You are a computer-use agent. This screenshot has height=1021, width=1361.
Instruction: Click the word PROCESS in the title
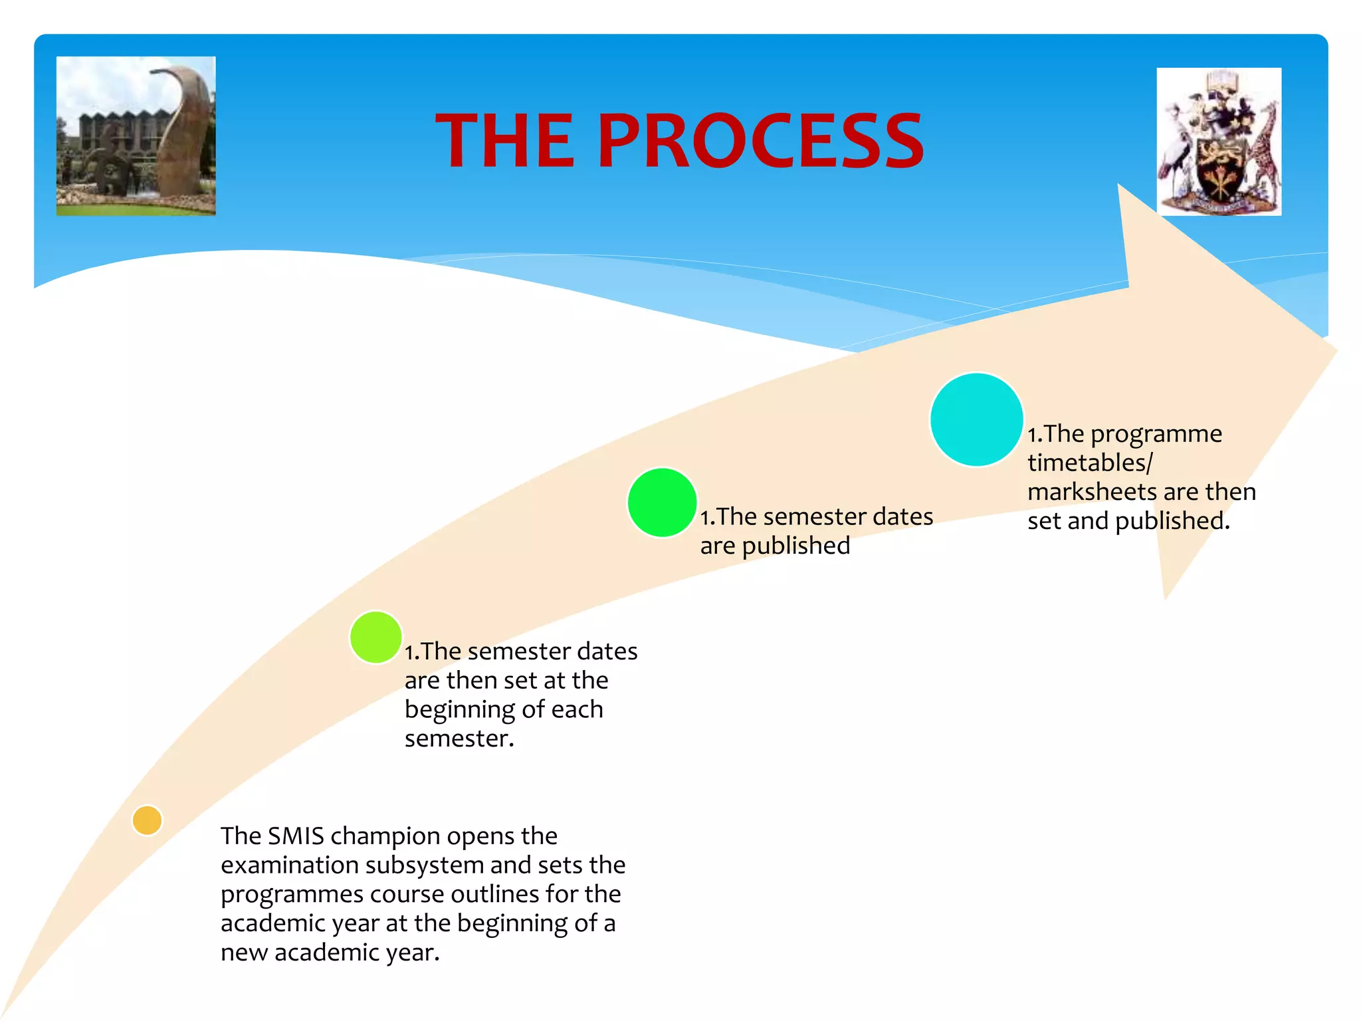pyautogui.click(x=760, y=141)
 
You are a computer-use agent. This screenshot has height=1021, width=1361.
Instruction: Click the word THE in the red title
pyautogui.click(x=505, y=141)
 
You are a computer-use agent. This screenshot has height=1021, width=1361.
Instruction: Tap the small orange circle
pyautogui.click(x=147, y=820)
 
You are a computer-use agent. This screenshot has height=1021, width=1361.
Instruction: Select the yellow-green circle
pyautogui.click(x=375, y=637)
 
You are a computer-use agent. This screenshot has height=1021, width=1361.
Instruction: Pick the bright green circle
pyautogui.click(x=662, y=503)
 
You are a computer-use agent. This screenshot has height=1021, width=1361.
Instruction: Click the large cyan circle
pyautogui.click(x=976, y=419)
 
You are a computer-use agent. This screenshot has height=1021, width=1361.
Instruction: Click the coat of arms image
pyautogui.click(x=1219, y=142)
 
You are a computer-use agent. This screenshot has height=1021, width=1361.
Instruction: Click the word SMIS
pyautogui.click(x=295, y=836)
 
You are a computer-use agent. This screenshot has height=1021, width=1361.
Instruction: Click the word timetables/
pyautogui.click(x=1090, y=463)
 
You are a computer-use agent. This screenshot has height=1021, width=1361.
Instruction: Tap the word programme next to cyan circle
pyautogui.click(x=1156, y=434)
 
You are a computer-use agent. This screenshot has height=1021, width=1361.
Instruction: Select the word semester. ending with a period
pyautogui.click(x=459, y=739)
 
